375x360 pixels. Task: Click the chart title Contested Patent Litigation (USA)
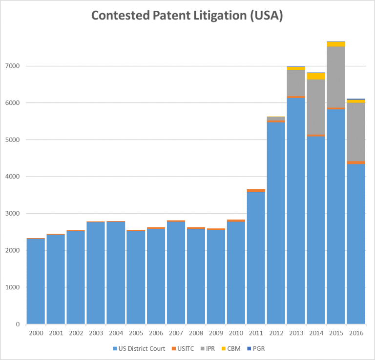point(187,16)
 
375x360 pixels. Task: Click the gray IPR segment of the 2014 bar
point(316,107)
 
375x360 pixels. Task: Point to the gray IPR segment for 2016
point(355,132)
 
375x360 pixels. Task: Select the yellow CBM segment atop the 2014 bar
point(316,76)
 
